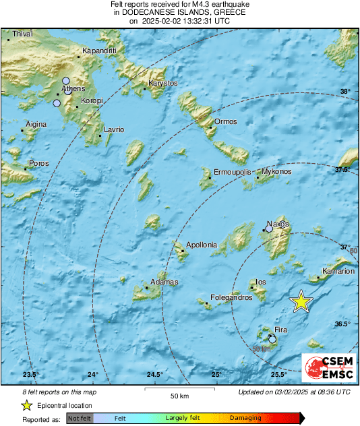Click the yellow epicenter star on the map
pos(301,302)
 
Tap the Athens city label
pos(73,88)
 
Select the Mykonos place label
pos(276,172)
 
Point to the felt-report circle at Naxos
pos(269,229)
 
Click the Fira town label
pos(281,330)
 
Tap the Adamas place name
pos(164,281)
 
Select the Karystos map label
pos(162,83)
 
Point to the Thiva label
pos(22,34)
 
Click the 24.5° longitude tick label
pos(155,375)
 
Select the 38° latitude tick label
pos(344,92)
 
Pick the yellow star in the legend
pos(27,405)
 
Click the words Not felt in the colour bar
pos(80,419)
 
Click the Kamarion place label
pos(338,272)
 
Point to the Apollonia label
pos(202,245)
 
